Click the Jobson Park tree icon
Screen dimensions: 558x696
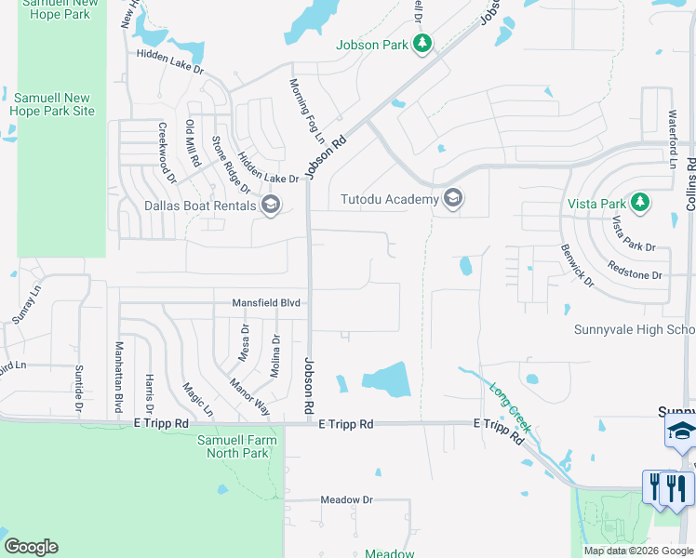pos(422,43)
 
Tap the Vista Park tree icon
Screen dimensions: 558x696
pos(639,203)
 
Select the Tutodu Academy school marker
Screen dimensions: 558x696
pos(453,198)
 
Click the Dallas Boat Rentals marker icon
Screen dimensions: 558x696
pos(271,205)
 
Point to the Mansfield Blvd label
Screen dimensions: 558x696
pos(266,303)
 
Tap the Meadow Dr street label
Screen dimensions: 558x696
pos(346,499)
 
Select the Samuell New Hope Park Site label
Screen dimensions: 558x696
pos(52,104)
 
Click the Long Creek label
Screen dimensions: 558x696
pos(509,410)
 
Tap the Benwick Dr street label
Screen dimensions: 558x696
pos(576,265)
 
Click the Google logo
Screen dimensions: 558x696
pos(31,547)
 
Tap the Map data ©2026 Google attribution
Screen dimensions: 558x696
pos(638,551)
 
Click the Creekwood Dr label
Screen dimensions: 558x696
pos(166,146)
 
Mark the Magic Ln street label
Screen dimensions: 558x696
pos(197,399)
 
